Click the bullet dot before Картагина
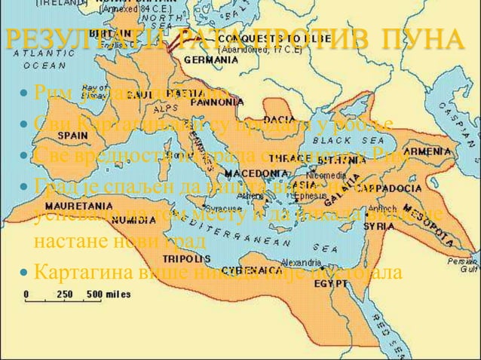tap(26, 270)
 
